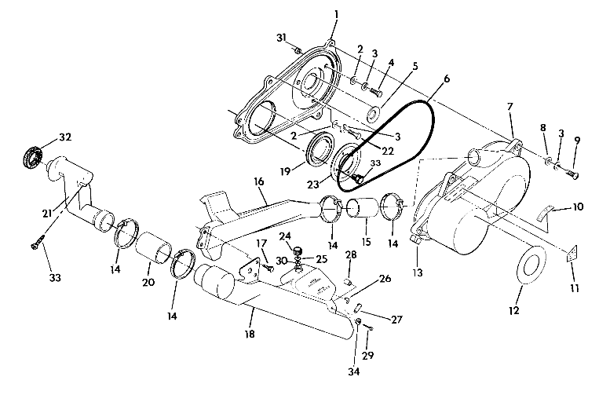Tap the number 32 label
[64, 137]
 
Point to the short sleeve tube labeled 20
[154, 249]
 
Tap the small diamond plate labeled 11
[570, 254]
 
